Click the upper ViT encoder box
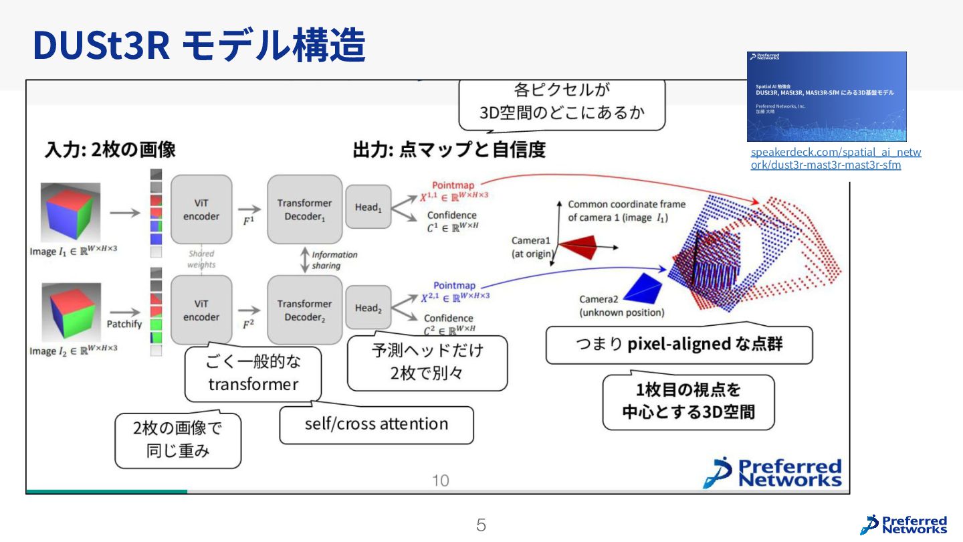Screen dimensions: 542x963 (x=201, y=209)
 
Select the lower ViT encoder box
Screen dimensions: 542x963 (x=201, y=310)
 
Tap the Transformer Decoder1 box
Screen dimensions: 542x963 (x=304, y=209)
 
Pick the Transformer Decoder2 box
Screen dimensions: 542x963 (x=304, y=310)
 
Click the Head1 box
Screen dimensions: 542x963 (x=368, y=207)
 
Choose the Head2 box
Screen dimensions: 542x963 (x=368, y=308)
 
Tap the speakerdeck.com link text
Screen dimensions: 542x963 (x=835, y=159)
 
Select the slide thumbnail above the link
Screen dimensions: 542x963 (x=827, y=96)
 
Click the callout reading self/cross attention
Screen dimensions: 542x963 (x=377, y=424)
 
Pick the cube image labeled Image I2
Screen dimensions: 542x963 (x=70, y=312)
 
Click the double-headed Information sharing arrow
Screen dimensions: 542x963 (x=305, y=260)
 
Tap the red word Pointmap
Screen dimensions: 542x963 (x=453, y=185)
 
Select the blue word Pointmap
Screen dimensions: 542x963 (x=454, y=286)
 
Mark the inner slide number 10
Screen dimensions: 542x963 (x=441, y=480)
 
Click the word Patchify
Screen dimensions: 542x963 (x=124, y=325)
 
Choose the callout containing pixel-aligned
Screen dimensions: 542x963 (x=679, y=345)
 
